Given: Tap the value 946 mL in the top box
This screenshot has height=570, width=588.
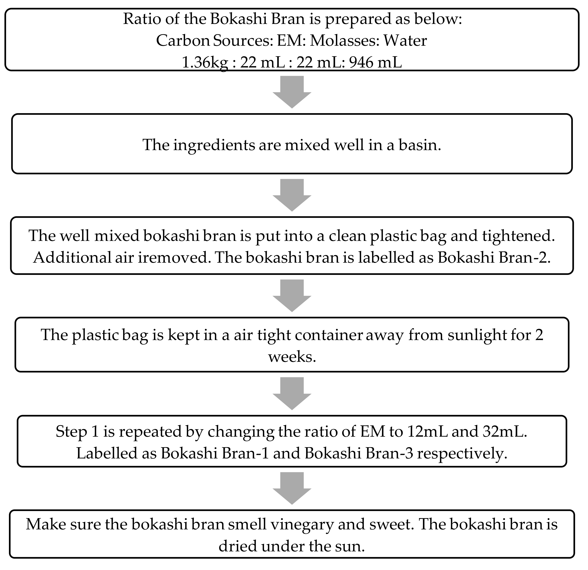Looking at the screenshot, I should point(375,62).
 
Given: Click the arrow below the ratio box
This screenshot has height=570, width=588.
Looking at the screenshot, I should point(292,92).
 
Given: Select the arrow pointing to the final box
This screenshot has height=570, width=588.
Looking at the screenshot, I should point(292,488).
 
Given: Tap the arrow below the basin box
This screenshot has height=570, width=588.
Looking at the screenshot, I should point(292,195).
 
